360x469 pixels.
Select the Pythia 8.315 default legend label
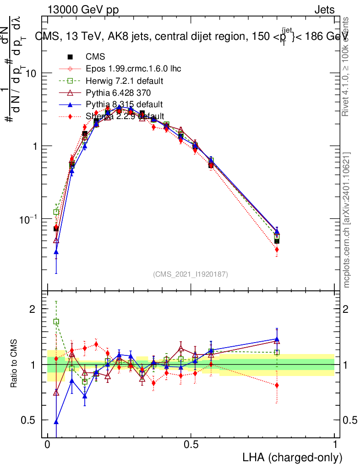[x=124, y=104]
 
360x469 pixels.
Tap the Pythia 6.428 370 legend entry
[x=118, y=93]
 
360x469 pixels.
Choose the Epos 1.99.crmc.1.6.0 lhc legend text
[x=133, y=69]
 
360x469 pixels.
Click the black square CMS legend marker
[x=70, y=57]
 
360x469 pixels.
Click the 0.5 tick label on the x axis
[x=191, y=445]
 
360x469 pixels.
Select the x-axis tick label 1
[x=334, y=445]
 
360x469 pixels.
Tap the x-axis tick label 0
[x=48, y=445]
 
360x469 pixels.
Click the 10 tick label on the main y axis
[x=31, y=74]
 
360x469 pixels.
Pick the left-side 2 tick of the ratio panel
[x=33, y=309]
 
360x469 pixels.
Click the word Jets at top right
[x=324, y=10]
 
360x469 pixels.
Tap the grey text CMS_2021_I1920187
[x=191, y=274]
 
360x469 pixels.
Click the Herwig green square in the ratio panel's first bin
[x=56, y=322]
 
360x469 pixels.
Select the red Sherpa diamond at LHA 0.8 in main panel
[x=277, y=250]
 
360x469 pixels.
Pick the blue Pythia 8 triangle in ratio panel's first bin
[x=56, y=422]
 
